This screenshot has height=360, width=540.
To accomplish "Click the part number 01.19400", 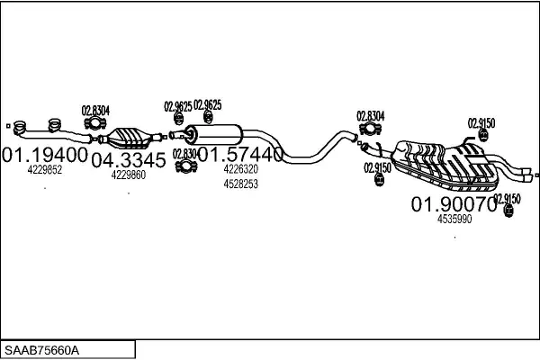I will click(x=45, y=155).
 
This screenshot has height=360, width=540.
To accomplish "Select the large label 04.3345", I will click(x=128, y=160).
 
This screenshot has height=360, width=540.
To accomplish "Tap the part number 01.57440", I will click(x=239, y=155).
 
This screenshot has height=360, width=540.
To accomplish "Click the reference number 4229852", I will click(x=44, y=169).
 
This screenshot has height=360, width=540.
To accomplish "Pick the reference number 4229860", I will click(x=128, y=175).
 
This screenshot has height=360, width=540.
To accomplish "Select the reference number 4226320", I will click(x=240, y=169).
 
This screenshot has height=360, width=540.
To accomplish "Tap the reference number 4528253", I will click(x=240, y=184).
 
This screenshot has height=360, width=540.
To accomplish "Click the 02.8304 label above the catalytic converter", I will click(x=96, y=111).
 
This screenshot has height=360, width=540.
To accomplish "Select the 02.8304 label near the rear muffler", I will click(x=370, y=115).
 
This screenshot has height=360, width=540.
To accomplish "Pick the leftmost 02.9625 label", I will click(x=176, y=106).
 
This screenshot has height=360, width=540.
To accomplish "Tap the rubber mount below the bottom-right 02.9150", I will click(x=508, y=211).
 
